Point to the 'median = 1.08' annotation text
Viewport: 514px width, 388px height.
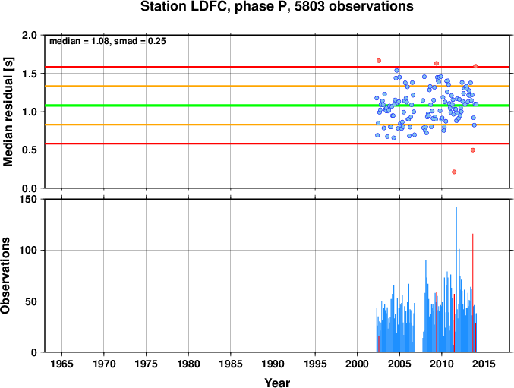(79, 41)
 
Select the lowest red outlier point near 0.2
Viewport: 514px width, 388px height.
(454, 172)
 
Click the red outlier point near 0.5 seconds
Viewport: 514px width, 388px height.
(473, 150)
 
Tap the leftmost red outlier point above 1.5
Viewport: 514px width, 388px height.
(379, 61)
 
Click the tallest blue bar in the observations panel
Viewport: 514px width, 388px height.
(456, 279)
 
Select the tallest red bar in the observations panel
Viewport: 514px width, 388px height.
(472, 293)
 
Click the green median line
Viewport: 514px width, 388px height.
(277, 106)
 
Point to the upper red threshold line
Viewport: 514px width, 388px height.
(277, 67)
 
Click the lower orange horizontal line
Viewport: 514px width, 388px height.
(277, 125)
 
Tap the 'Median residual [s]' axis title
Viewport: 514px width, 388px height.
(8, 112)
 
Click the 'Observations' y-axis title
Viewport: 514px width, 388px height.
(5, 276)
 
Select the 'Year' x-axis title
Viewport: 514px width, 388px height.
(277, 383)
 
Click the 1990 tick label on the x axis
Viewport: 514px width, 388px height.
(273, 364)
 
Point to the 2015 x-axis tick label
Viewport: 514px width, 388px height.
(484, 364)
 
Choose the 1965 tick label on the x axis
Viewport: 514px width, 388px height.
(61, 364)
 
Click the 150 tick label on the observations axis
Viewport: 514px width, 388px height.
(29, 199)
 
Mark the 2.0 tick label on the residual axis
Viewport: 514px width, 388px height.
(30, 35)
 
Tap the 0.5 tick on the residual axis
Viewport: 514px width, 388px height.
(30, 150)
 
